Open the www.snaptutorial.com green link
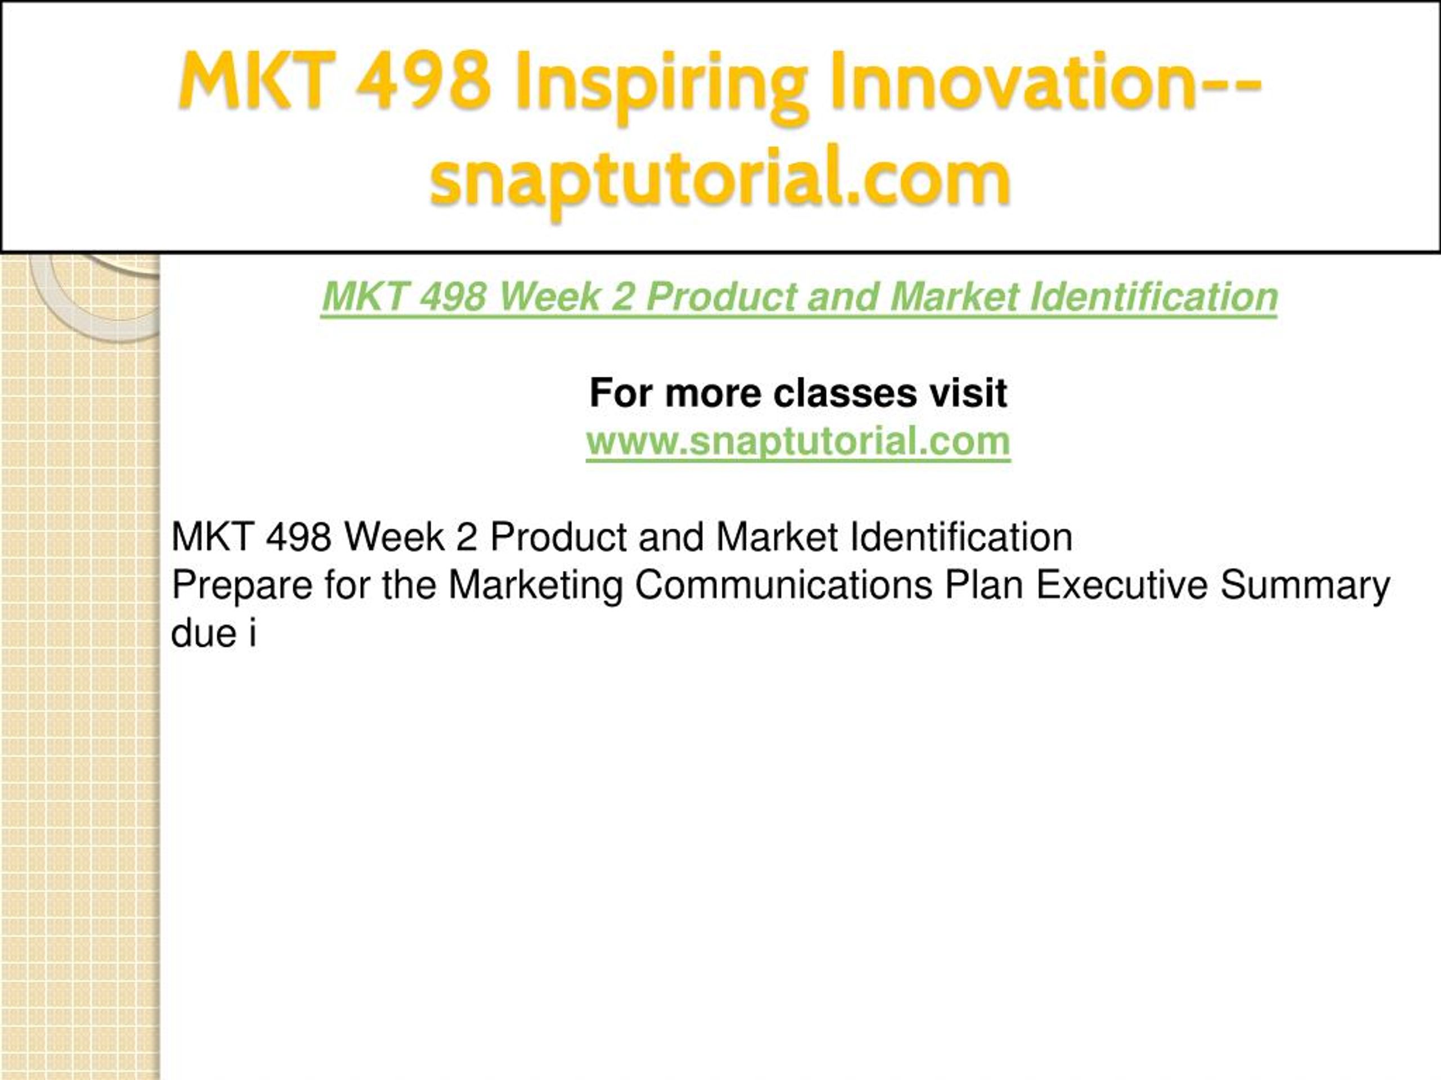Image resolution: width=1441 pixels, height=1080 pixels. point(798,442)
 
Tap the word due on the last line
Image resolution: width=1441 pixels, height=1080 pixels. point(203,632)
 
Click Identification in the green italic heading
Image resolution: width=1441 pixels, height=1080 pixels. point(1154,297)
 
